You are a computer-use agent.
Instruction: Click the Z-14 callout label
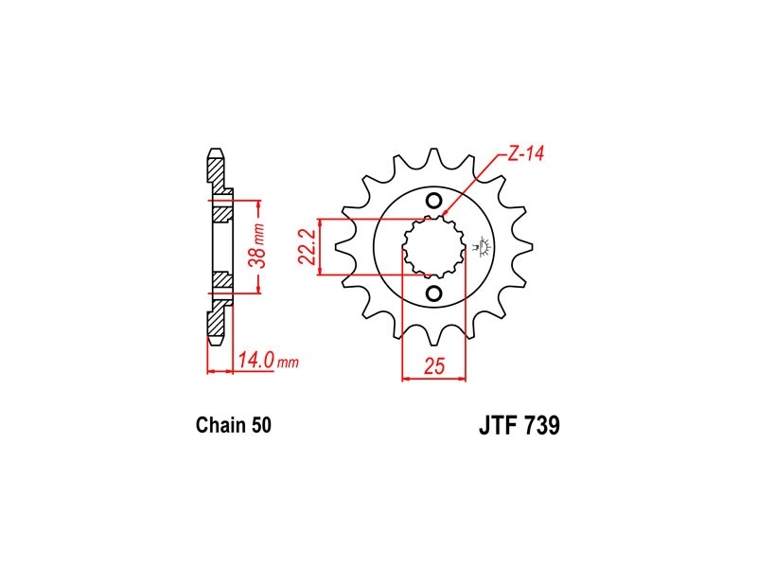coord(525,153)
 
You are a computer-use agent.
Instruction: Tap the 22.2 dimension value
coord(307,247)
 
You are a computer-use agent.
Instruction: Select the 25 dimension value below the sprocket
coord(434,366)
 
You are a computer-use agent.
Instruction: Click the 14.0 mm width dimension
coord(269,361)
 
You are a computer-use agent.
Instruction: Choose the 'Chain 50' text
coord(233,425)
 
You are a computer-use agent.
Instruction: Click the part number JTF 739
coord(519,425)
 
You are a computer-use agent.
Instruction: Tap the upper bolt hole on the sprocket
coord(434,201)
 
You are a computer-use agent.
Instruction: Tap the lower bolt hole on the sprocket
coord(434,293)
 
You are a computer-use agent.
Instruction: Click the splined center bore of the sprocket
coord(434,247)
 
